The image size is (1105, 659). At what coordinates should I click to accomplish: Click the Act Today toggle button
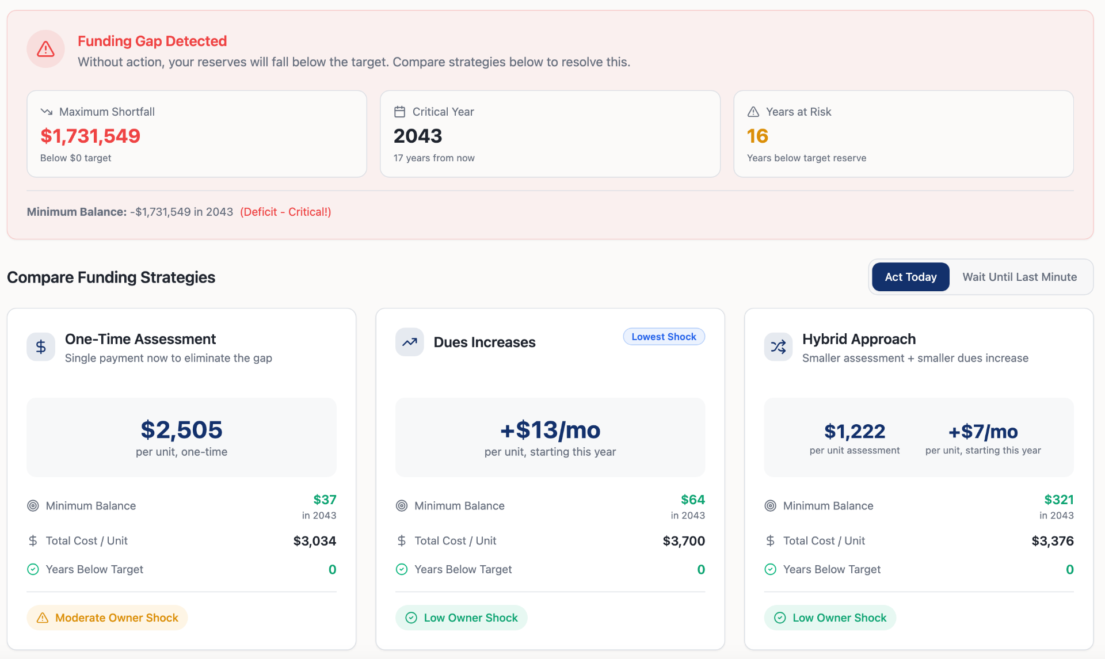910,277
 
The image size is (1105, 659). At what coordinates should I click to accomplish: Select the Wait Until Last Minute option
1019,277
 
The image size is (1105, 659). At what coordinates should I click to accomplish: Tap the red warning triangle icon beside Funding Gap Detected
45,49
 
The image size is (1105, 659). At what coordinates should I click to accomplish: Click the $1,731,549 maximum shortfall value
90,136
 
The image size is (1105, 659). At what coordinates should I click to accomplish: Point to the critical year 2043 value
418,136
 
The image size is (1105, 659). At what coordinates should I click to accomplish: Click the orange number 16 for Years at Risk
757,136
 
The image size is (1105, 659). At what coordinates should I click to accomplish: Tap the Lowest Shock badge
664,337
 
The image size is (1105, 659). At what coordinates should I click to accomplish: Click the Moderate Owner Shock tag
107,618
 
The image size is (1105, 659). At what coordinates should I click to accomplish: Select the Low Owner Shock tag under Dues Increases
462,618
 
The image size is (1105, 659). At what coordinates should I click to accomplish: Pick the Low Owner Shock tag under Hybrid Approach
830,618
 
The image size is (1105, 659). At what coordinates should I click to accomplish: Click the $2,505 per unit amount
181,430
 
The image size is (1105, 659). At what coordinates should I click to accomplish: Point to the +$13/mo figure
550,430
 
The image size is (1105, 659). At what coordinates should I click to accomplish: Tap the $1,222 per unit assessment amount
855,431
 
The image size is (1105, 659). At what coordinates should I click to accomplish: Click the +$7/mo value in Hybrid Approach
983,431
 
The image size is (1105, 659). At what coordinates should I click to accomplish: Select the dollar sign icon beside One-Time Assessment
41,346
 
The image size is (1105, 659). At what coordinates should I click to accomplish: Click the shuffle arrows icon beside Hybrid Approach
778,346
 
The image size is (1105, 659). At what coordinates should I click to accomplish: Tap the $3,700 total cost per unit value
684,541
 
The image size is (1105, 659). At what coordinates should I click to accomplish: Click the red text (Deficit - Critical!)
285,212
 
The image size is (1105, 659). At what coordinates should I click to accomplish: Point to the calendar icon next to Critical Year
399,112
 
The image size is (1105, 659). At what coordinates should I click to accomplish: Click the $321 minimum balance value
1059,500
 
